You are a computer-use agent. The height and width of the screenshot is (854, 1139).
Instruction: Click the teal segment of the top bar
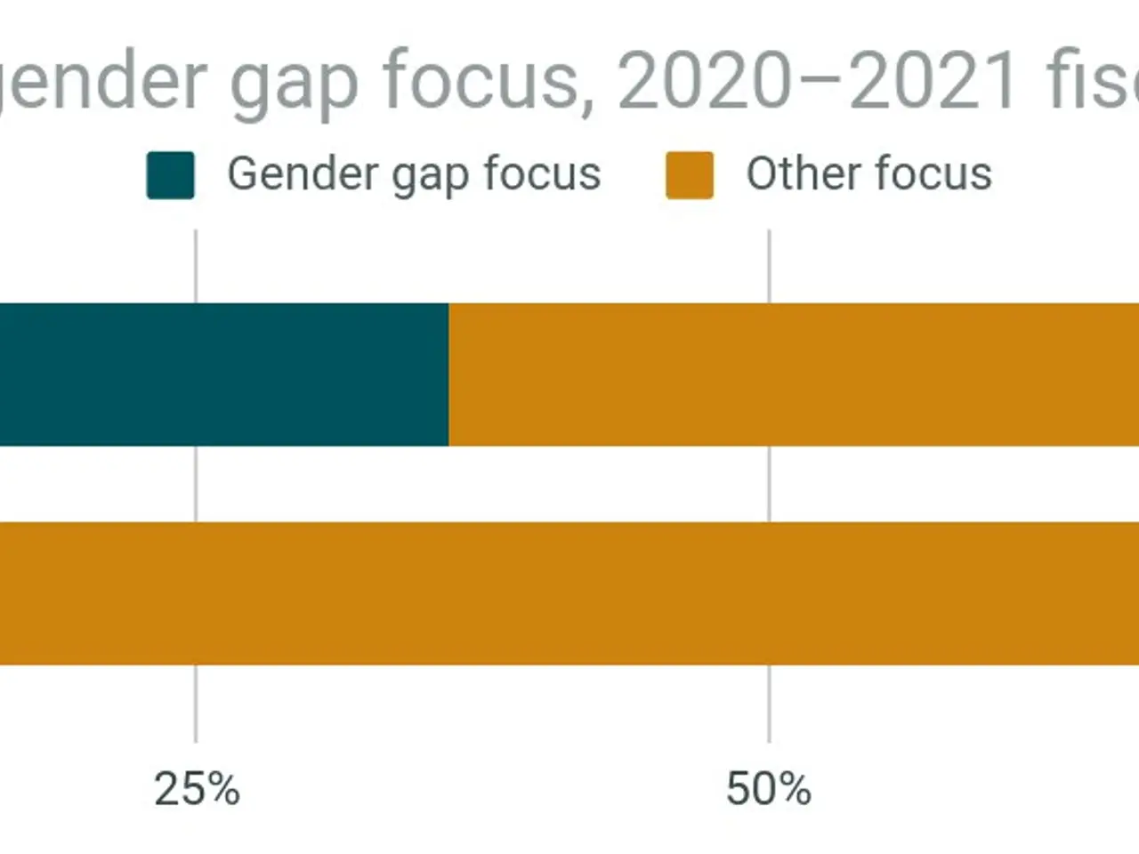coord(222,375)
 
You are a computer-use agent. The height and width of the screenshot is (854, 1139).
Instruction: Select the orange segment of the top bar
coord(792,375)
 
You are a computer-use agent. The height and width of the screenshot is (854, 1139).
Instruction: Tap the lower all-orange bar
coord(569,593)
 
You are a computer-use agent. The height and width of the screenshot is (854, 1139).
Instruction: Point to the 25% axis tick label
coord(197,789)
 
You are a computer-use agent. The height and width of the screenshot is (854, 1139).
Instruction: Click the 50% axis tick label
coord(769,789)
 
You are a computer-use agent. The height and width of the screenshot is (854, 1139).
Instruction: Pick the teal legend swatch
coord(170,175)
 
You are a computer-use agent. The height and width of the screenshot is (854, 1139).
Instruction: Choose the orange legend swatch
coord(690,175)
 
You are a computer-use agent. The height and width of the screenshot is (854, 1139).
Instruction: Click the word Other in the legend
coord(791,173)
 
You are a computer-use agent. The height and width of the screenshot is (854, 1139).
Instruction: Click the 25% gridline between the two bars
coord(196,484)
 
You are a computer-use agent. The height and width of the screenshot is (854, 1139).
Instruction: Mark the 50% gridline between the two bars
coord(770,484)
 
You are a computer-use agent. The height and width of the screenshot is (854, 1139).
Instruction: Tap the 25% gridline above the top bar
coord(196,266)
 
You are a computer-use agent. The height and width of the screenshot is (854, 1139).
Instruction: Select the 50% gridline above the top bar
coord(770,266)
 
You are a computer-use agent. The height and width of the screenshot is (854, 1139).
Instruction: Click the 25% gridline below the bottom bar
coord(196,703)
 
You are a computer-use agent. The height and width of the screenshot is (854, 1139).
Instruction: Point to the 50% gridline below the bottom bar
coord(770,703)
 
